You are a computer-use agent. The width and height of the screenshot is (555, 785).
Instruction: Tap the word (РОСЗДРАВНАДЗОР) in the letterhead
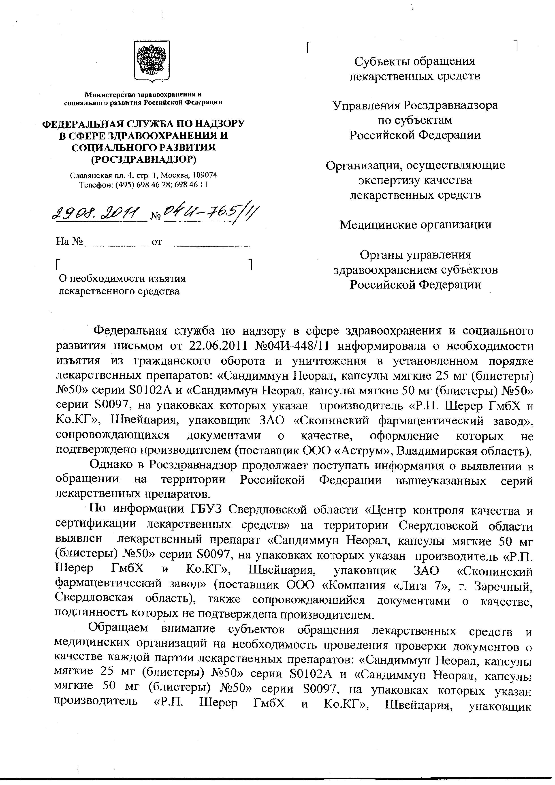[143, 159]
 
